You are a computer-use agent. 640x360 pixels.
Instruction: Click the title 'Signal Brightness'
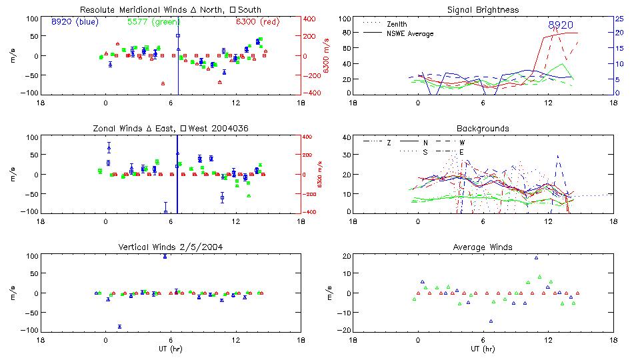coord(483,10)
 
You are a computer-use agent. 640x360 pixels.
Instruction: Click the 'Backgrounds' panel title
coord(483,128)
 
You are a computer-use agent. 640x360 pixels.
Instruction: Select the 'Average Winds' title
coord(483,247)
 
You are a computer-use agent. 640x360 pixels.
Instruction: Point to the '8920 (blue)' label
coord(75,21)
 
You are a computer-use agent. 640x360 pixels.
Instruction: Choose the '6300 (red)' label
coord(257,21)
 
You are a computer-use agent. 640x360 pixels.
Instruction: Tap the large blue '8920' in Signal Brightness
coord(560,25)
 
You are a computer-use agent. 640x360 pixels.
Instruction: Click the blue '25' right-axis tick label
coord(619,19)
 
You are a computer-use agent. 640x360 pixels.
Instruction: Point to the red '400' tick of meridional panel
coord(311,19)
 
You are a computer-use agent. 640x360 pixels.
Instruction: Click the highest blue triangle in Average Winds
coord(536,257)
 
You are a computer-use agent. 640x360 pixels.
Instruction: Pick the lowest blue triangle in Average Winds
coord(491,321)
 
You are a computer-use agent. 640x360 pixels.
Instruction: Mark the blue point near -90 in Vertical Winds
coord(119,327)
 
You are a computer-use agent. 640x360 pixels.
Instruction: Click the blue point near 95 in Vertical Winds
coord(165,257)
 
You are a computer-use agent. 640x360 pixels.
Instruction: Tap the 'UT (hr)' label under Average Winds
coord(483,348)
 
